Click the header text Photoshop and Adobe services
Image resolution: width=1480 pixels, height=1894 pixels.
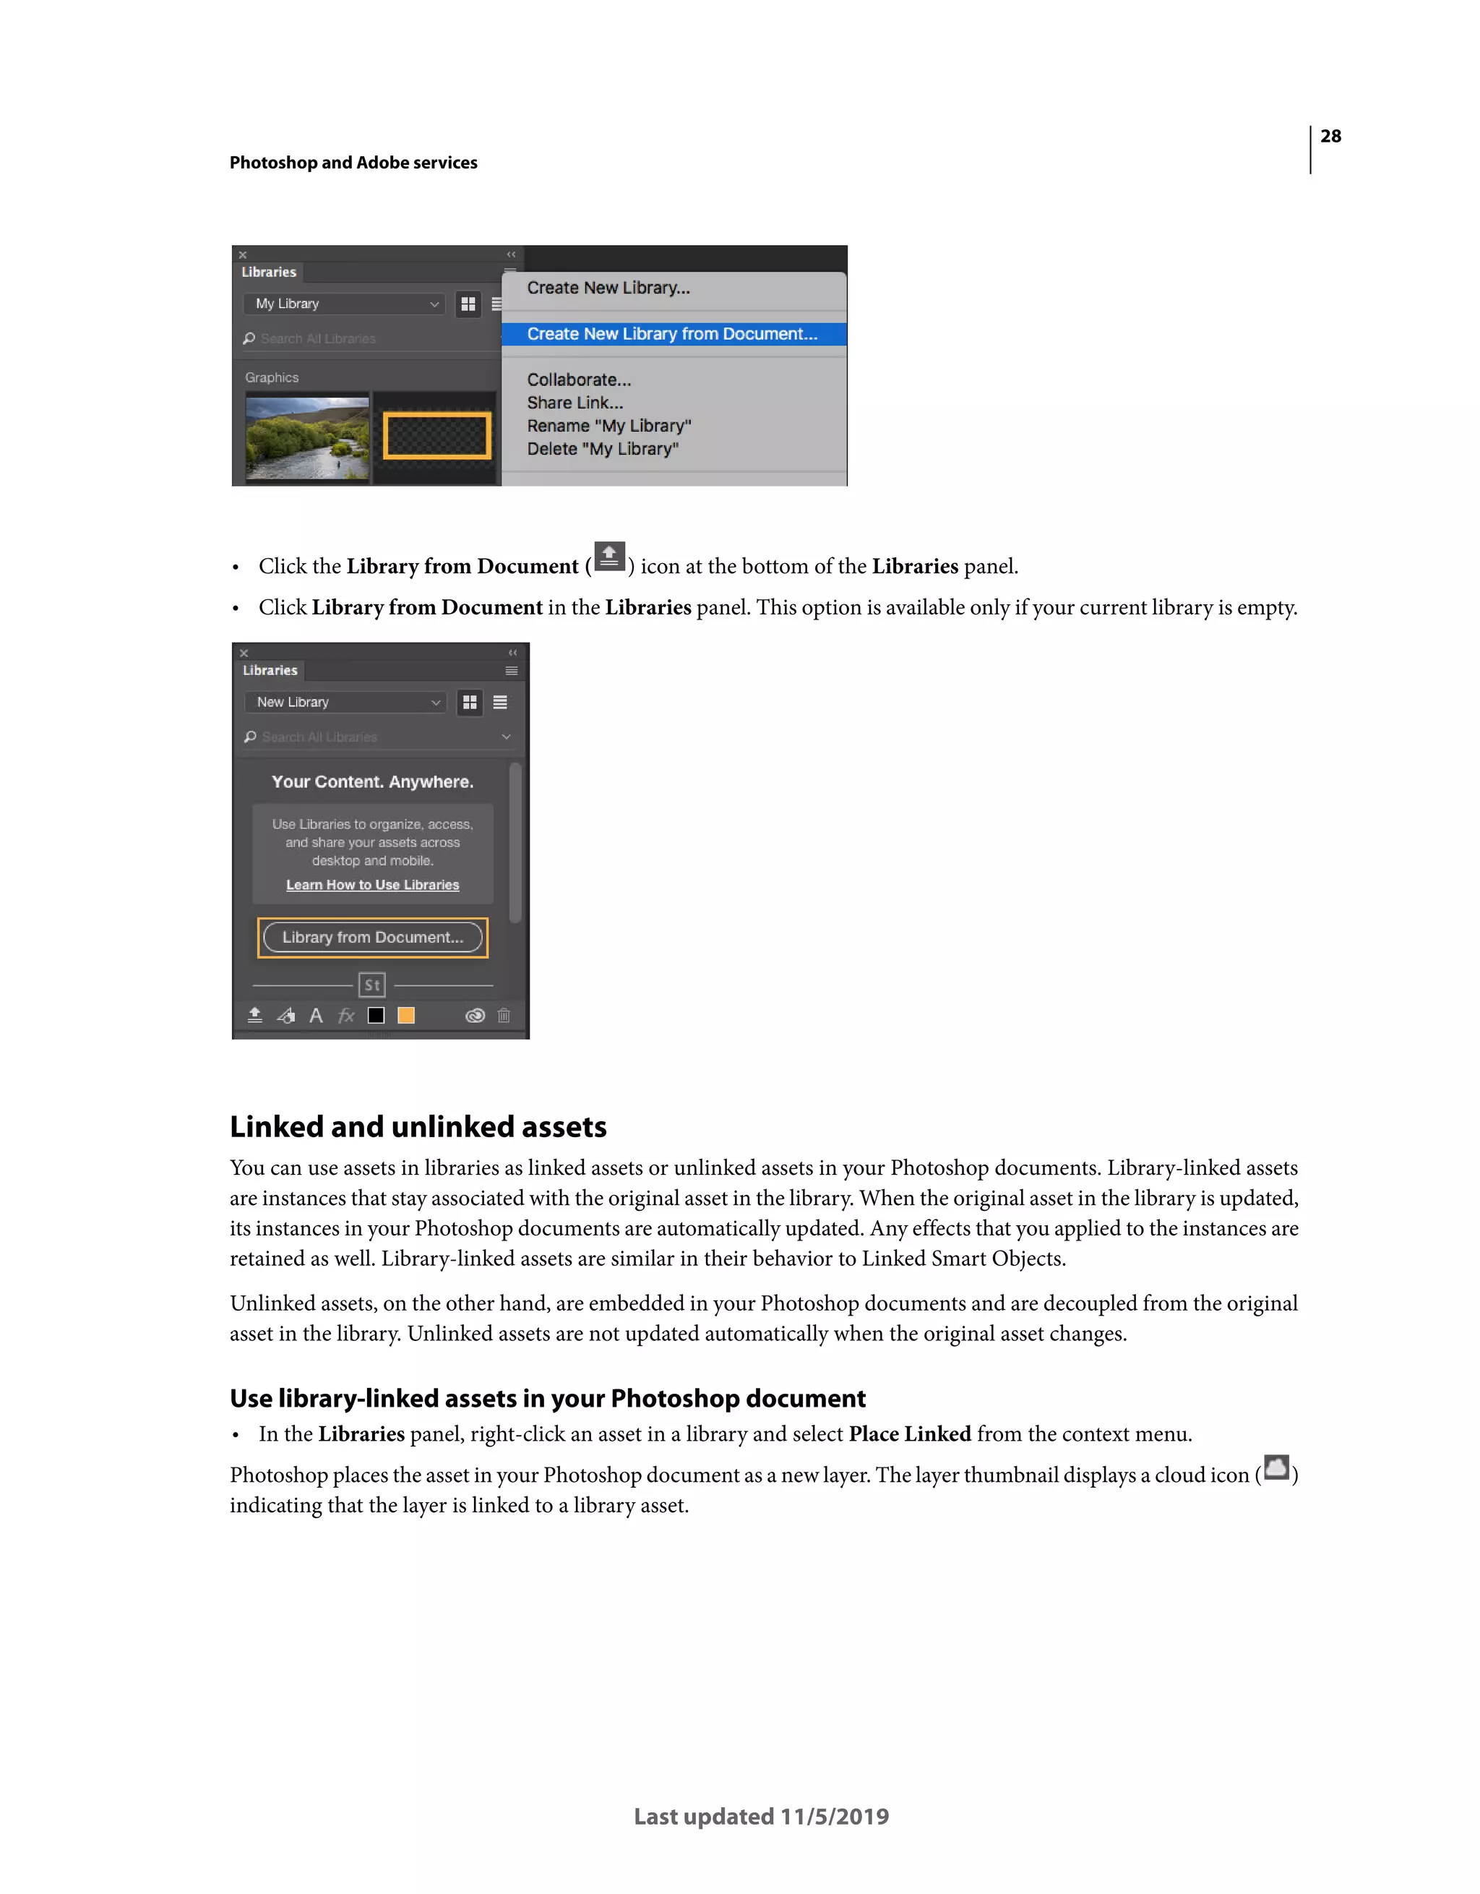353,163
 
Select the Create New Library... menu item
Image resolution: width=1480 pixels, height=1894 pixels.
608,288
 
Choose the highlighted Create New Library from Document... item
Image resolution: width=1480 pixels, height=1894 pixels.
672,334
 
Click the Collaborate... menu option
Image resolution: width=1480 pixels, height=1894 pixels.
578,380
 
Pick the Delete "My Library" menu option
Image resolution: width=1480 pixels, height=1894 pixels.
603,449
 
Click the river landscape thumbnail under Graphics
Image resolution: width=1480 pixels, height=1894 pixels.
307,437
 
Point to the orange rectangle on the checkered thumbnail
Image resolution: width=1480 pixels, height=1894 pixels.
437,435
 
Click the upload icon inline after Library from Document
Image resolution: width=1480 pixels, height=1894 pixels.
609,557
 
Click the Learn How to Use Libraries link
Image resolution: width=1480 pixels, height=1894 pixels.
373,885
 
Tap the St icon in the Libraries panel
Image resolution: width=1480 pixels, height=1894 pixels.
372,985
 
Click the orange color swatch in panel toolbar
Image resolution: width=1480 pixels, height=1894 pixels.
405,1016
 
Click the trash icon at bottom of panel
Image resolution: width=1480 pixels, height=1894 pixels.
504,1016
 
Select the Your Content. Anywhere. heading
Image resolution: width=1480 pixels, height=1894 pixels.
373,781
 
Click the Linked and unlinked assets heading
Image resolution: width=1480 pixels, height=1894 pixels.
418,1126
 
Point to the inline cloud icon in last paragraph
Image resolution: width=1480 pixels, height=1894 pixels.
1276,1467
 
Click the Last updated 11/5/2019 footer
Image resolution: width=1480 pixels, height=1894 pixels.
761,1816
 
